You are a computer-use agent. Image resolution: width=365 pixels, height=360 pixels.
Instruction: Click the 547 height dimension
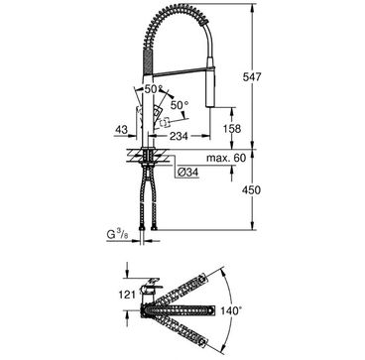252,76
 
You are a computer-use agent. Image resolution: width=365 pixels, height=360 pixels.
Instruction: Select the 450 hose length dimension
251,190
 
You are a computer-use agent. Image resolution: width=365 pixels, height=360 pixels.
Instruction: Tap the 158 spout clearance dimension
232,128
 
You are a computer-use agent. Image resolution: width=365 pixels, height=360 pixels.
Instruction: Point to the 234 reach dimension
179,136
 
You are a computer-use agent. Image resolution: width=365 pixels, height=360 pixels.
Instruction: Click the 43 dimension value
121,130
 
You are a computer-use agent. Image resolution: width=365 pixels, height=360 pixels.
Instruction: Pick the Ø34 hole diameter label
187,173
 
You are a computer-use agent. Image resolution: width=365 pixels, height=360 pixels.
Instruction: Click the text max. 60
226,158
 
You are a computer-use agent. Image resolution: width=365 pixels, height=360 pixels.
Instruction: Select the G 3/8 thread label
116,235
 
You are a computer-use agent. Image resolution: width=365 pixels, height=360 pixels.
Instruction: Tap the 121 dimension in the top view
128,295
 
